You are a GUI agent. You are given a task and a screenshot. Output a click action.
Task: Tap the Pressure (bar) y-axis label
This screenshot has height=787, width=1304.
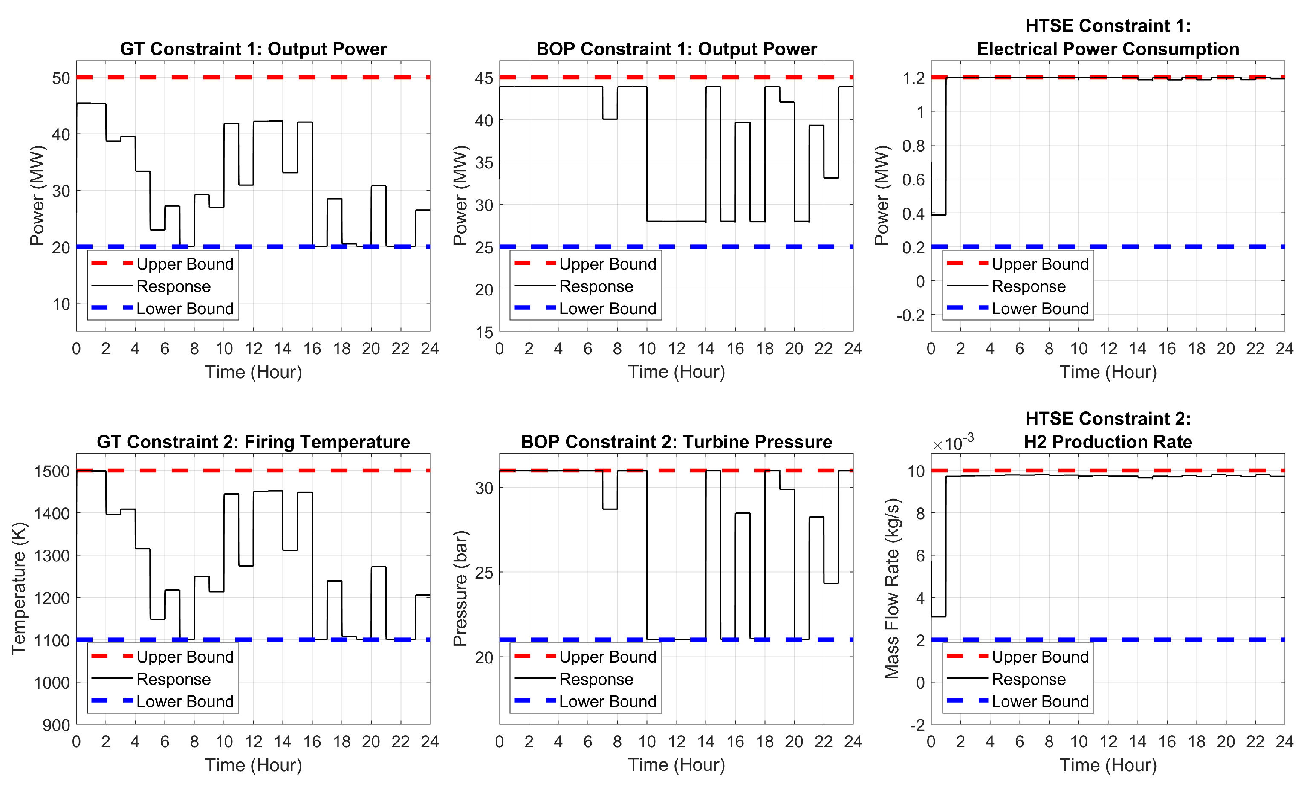pos(460,588)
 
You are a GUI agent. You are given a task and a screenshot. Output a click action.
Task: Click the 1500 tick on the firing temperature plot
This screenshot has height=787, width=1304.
pos(52,471)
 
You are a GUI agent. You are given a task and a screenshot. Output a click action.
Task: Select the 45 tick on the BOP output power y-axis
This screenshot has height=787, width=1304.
pos(484,78)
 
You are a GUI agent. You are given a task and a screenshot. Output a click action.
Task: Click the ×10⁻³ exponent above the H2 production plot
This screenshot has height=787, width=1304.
pos(953,443)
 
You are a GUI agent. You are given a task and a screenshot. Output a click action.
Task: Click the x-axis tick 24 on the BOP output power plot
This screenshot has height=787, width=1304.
pos(853,349)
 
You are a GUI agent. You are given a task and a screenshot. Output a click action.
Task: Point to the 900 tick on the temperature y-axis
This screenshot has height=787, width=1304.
pos(57,725)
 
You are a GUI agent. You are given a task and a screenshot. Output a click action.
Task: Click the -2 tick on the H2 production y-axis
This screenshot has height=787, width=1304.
pos(917,725)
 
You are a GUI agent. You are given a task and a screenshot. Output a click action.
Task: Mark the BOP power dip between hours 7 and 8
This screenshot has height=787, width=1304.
pos(610,119)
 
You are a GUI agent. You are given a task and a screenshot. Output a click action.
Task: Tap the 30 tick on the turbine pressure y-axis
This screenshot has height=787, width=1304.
pos(484,488)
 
